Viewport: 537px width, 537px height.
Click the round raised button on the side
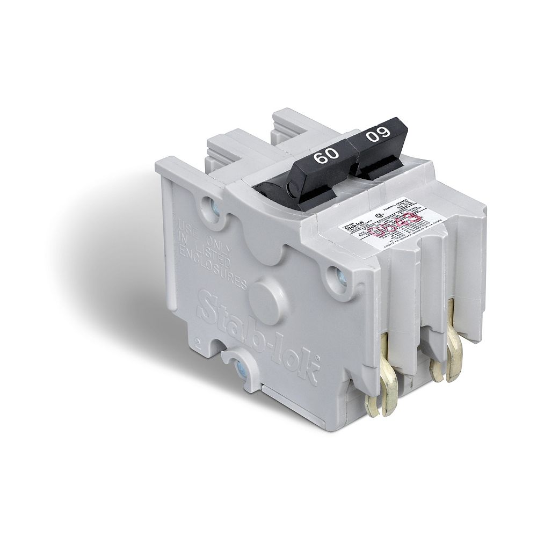coord(267,295)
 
